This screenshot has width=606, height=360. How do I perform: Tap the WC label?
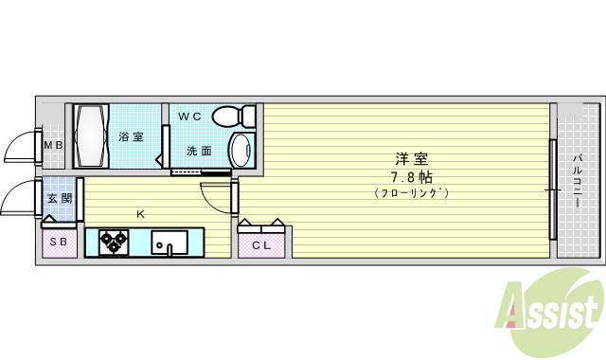click(x=190, y=117)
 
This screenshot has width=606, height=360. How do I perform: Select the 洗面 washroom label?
click(x=199, y=151)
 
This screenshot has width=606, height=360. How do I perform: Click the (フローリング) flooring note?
click(x=410, y=193)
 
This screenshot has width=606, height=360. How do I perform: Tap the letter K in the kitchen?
click(x=140, y=214)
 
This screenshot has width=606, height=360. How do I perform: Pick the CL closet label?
click(x=260, y=244)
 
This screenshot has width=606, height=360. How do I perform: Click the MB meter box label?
click(x=53, y=145)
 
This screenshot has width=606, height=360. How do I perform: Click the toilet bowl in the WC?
click(x=234, y=117)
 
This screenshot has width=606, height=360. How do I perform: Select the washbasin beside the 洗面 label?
click(x=242, y=149)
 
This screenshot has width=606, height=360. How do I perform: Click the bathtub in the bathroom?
click(x=93, y=136)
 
